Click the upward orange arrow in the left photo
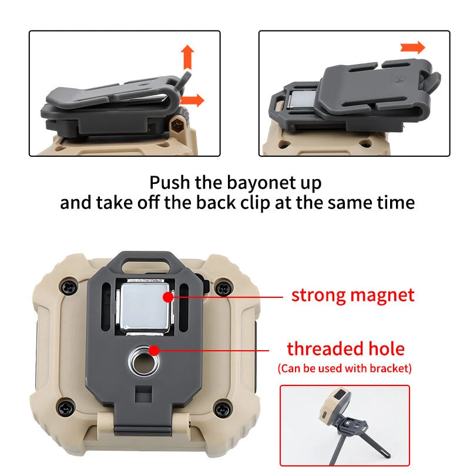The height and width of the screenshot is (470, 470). click(x=187, y=58)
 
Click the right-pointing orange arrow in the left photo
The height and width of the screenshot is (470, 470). click(x=192, y=100)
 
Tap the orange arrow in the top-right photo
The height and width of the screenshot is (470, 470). click(x=413, y=48)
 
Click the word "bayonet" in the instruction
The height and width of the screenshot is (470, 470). click(x=261, y=183)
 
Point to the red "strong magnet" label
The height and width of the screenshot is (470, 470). click(x=353, y=296)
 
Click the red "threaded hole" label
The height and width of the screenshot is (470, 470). click(x=345, y=349)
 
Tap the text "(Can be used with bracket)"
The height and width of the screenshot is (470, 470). click(x=345, y=368)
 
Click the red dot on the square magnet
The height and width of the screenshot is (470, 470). click(x=168, y=297)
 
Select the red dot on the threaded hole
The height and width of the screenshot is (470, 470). click(x=154, y=350)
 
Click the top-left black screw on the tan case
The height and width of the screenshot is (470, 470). click(x=69, y=287)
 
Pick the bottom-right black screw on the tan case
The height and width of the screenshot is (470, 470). click(x=223, y=408)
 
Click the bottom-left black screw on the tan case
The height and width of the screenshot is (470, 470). click(x=66, y=407)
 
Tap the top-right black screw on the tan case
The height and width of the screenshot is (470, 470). click(x=224, y=288)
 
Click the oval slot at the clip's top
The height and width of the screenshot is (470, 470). click(x=146, y=266)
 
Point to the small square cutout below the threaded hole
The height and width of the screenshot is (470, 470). click(x=143, y=394)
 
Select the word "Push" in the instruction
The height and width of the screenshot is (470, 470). click(x=170, y=182)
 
